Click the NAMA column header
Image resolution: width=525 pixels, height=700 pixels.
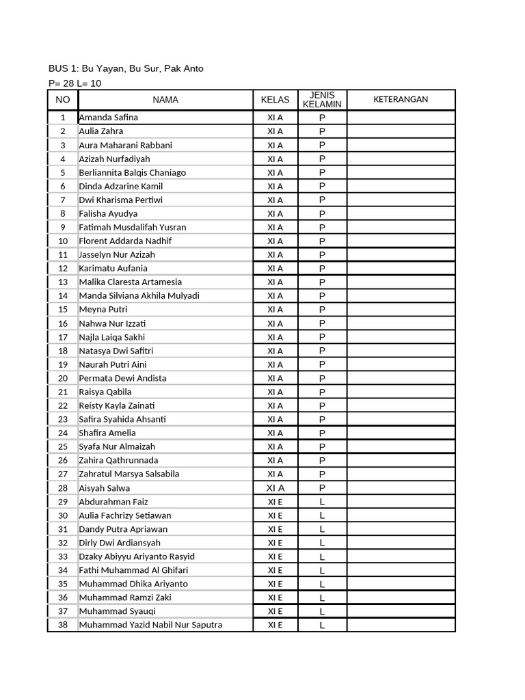point(165,100)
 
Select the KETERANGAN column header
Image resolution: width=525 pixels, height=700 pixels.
point(401,99)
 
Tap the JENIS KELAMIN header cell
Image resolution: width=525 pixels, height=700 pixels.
point(322,100)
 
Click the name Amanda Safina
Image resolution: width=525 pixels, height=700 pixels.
point(108,118)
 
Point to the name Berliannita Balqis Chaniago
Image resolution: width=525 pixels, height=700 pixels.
point(132,172)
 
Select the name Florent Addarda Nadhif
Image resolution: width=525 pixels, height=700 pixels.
point(125,241)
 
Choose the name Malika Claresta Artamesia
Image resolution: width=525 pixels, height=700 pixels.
point(130,282)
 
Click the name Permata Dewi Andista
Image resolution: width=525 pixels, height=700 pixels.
point(122,378)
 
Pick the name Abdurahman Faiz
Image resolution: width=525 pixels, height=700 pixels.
point(113,502)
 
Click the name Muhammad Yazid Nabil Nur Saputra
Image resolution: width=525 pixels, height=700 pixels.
point(150,625)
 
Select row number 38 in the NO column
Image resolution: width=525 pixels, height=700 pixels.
point(63,625)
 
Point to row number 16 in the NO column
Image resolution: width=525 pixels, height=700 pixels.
point(63,323)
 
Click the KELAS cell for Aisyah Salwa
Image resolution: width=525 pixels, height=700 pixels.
point(275,488)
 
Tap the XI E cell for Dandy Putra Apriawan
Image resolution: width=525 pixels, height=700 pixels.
point(275,529)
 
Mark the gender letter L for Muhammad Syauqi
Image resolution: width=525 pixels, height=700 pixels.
point(322,611)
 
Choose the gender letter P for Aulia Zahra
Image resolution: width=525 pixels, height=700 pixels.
point(322,131)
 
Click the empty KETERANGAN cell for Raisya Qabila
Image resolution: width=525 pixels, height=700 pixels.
point(401,392)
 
